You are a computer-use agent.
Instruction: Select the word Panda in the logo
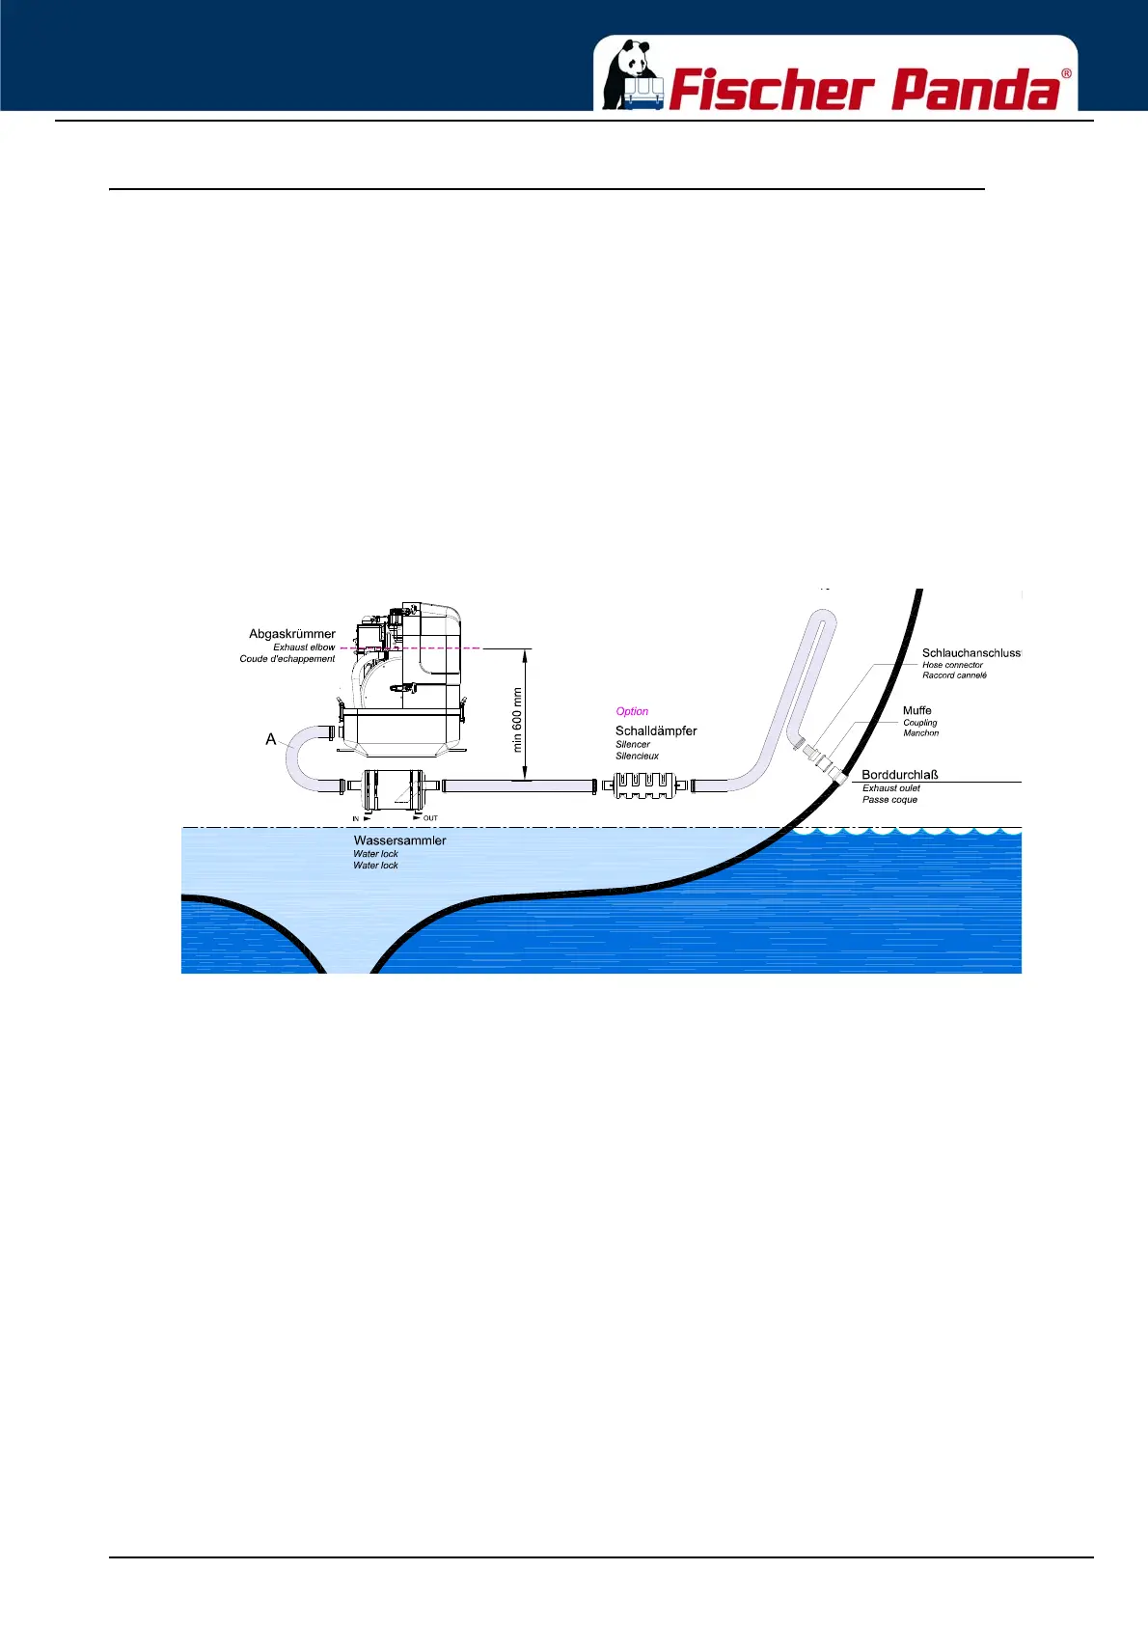click(x=974, y=91)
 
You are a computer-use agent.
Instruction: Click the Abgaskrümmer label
click(x=292, y=634)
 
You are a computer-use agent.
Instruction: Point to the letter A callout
click(x=271, y=739)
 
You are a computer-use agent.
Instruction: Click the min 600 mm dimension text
click(x=517, y=719)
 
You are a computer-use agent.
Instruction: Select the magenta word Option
click(x=632, y=711)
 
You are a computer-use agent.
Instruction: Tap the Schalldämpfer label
click(x=656, y=730)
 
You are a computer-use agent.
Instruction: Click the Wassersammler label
click(x=399, y=840)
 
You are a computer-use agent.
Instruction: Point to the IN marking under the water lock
click(x=356, y=818)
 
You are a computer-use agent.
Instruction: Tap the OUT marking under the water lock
click(x=430, y=818)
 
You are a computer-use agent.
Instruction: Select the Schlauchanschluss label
click(x=970, y=653)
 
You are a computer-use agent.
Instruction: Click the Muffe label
click(x=917, y=710)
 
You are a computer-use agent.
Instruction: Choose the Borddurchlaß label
click(x=900, y=774)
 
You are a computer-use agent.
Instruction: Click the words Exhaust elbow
click(x=304, y=647)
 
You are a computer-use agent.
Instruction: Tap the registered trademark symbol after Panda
click(x=1066, y=74)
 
